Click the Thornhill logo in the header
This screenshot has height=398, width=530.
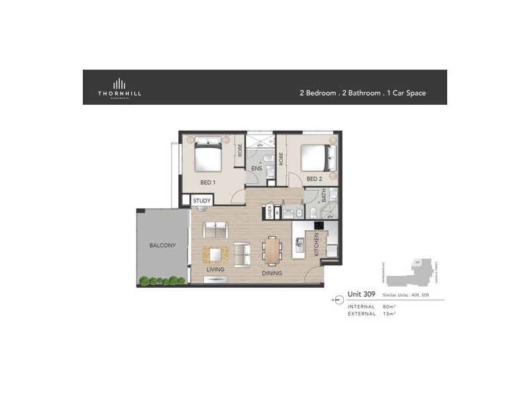pos(120,88)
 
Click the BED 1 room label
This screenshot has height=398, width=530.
pos(208,182)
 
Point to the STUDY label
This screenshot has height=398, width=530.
pos(201,201)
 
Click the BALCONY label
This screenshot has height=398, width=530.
pos(162,245)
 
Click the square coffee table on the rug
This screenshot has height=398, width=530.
pos(216,254)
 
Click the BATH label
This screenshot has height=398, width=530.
pos(324,196)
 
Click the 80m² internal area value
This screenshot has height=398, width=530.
pos(389,306)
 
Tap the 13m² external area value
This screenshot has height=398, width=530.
pos(389,314)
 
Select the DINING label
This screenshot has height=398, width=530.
pos(272,273)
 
